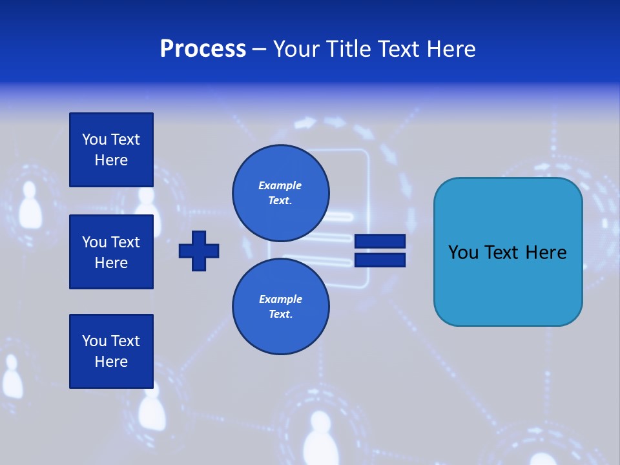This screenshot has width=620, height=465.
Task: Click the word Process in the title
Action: [x=203, y=49]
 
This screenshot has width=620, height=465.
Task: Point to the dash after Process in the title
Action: [x=259, y=50]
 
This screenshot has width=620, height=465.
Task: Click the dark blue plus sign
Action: [x=198, y=251]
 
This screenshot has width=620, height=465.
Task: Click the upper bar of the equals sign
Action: [x=380, y=242]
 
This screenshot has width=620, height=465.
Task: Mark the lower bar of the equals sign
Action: [x=380, y=260]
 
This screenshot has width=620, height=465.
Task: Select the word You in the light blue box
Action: [x=463, y=253]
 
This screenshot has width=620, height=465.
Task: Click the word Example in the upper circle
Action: [x=280, y=185]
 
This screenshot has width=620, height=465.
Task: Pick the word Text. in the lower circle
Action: [x=280, y=315]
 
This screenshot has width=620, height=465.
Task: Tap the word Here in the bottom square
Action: [x=111, y=362]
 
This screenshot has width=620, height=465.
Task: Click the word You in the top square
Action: [x=94, y=139]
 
